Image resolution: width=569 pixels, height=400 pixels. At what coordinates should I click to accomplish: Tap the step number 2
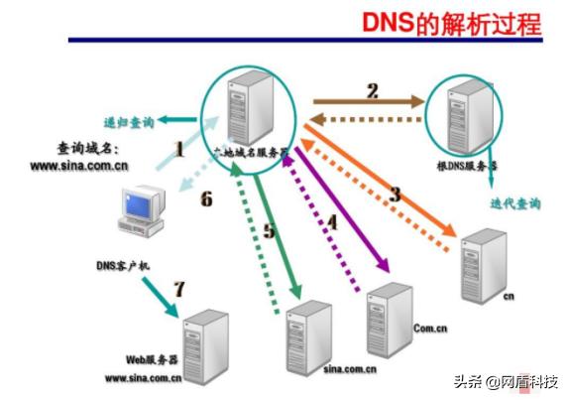[372, 92]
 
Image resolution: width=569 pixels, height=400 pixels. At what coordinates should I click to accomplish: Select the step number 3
[394, 194]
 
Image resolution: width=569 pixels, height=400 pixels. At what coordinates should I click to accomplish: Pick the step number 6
[206, 200]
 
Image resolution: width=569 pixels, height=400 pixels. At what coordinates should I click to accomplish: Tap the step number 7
[178, 290]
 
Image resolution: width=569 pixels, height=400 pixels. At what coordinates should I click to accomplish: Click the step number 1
[180, 150]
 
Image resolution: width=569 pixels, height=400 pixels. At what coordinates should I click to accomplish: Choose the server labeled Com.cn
[389, 318]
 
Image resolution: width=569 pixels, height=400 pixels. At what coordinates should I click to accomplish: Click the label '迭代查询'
[516, 202]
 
